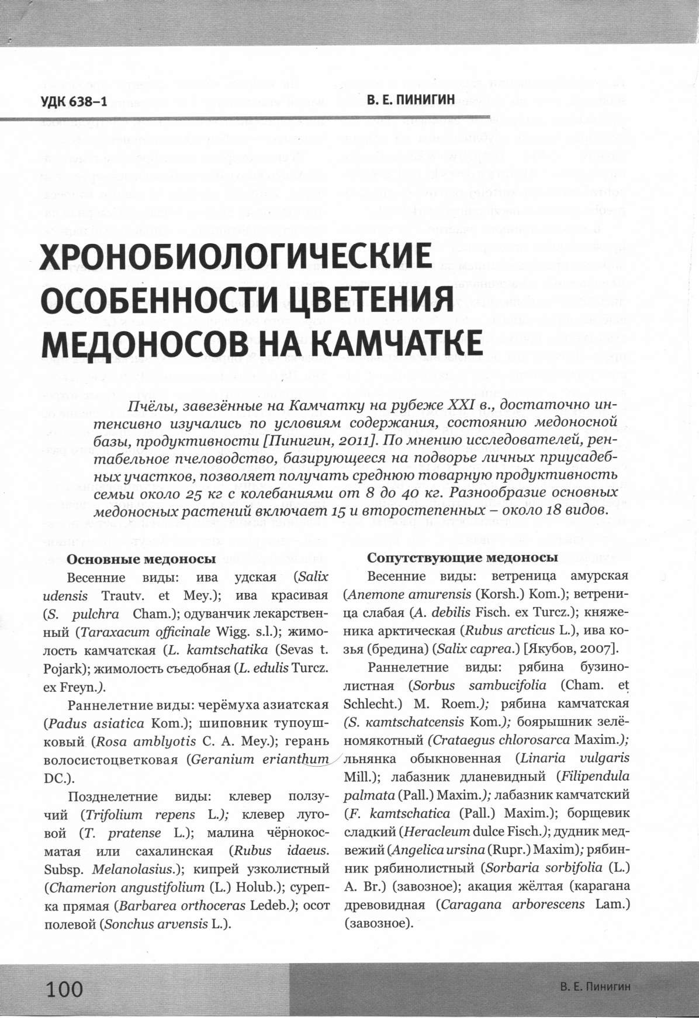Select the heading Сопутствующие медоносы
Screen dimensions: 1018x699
pos(462,558)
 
